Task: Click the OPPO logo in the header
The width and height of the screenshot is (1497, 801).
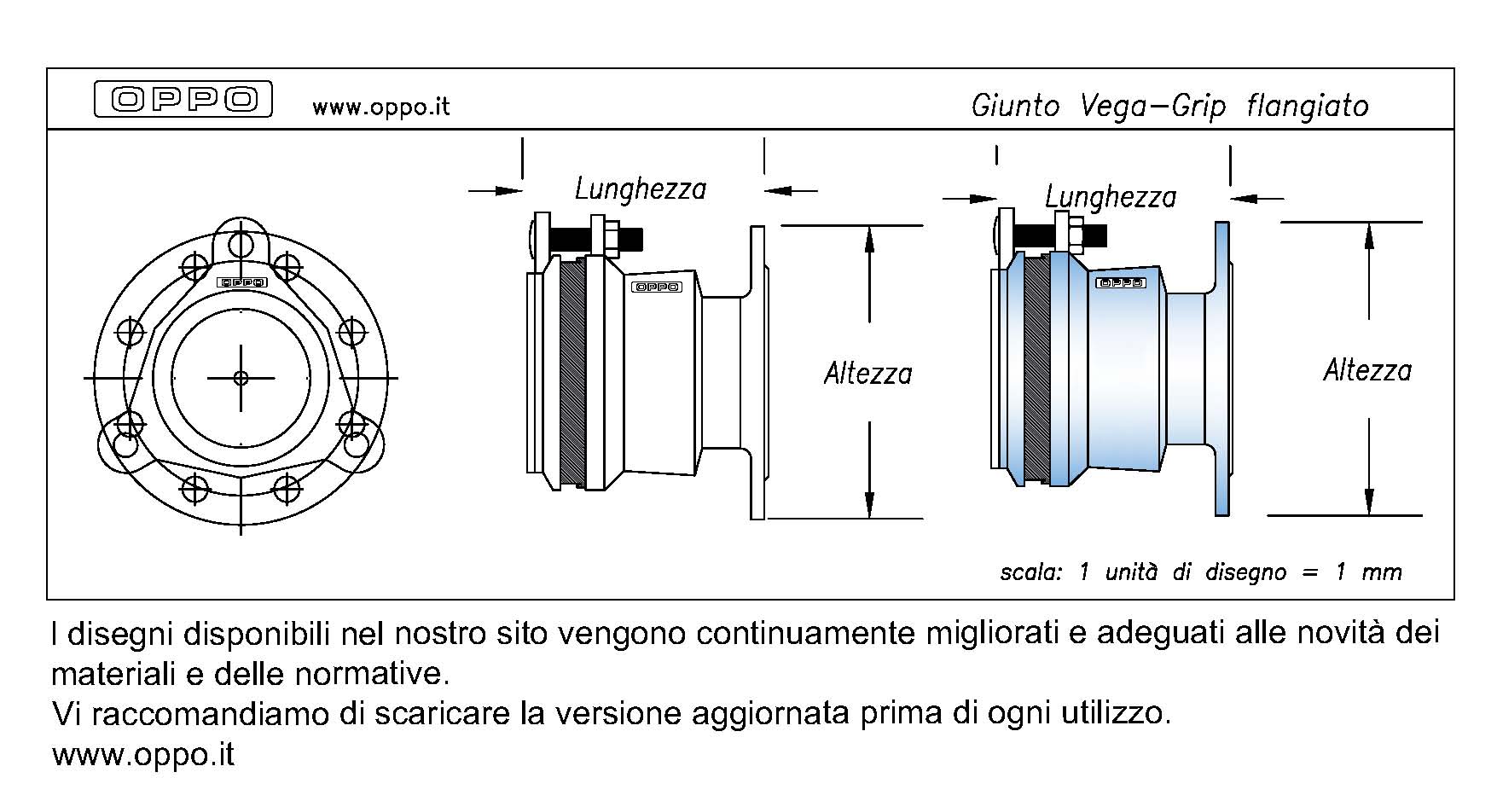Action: (183, 99)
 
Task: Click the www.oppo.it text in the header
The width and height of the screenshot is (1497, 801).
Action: (380, 107)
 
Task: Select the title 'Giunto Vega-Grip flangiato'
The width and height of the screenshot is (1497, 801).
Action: (1169, 106)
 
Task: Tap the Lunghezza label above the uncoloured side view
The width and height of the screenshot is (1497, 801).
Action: (641, 189)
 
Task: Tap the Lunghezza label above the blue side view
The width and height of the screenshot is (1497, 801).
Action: (1111, 197)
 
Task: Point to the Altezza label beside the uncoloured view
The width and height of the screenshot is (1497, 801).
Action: (867, 374)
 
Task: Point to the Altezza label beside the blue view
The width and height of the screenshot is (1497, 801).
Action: (1367, 370)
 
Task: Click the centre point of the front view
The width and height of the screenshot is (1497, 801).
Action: (241, 377)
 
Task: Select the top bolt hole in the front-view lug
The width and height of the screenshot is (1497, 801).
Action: (241, 245)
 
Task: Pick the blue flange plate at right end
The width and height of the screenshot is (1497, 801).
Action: (1221, 369)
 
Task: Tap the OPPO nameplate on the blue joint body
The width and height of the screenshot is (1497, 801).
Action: (1121, 282)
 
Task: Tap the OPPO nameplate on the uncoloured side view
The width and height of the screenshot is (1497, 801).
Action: (656, 287)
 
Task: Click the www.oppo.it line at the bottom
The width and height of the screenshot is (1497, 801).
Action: (143, 755)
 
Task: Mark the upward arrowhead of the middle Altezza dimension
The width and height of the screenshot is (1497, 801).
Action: (869, 239)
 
